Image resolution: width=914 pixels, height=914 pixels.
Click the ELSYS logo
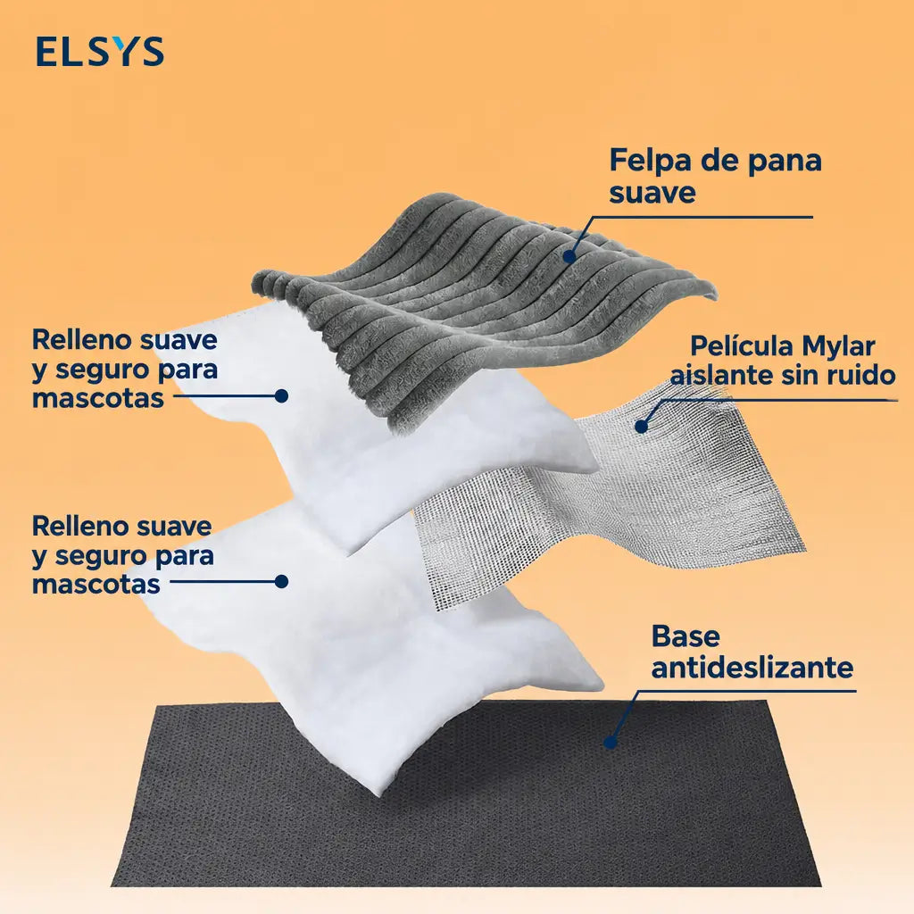100,51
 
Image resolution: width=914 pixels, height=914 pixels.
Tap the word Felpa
648,162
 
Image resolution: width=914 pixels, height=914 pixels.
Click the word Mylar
838,346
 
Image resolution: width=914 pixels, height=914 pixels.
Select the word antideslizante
752,667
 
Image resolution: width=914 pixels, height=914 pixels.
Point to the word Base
685,636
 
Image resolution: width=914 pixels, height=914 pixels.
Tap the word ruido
861,375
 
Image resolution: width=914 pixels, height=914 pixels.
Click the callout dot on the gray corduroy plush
569,255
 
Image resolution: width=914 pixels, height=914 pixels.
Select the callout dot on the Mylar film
641,426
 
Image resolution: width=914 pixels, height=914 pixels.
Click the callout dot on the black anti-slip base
611,742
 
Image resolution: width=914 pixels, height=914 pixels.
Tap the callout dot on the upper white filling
281,395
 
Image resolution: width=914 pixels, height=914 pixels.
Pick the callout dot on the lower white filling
281,581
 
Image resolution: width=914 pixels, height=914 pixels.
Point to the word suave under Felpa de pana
652,193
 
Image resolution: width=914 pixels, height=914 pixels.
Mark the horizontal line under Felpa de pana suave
702,217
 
